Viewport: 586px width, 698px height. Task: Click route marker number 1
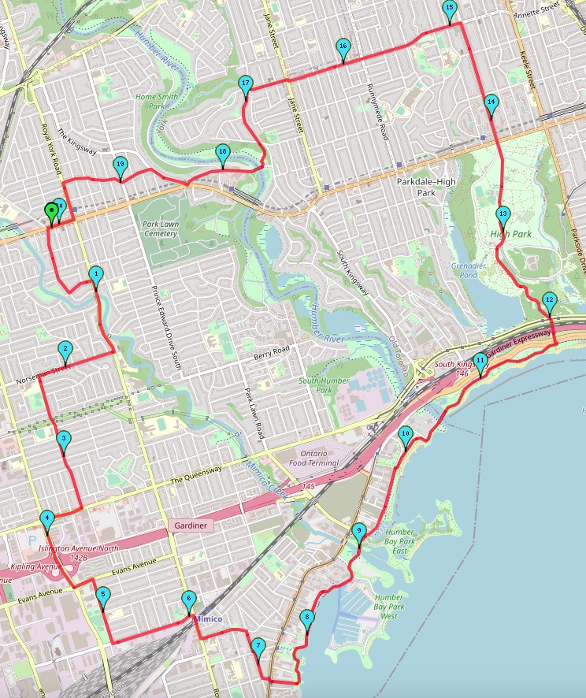coord(96,275)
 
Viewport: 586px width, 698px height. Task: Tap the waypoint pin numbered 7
coord(258,648)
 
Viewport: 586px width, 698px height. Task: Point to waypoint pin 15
coord(450,9)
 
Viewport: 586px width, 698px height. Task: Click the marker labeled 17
coord(246,84)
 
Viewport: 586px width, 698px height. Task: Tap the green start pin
coord(52,210)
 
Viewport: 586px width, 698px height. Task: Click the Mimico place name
coord(208,620)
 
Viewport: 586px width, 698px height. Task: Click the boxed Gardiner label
coord(191,525)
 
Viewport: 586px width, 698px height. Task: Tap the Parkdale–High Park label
coord(426,187)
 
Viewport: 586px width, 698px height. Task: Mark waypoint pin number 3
coord(65,440)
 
